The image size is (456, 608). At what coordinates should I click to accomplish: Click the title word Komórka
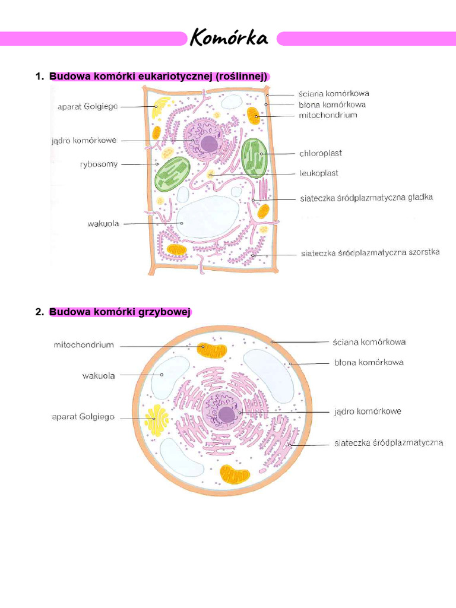pyautogui.click(x=229, y=39)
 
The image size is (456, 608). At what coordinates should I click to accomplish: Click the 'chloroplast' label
pyautogui.click(x=321, y=153)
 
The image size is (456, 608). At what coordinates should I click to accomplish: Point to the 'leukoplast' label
pyautogui.click(x=318, y=173)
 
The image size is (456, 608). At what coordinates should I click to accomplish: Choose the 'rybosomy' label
pyautogui.click(x=99, y=164)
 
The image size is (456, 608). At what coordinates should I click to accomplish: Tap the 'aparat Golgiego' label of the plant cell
pyautogui.click(x=88, y=106)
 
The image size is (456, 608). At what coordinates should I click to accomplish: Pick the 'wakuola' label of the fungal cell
pyautogui.click(x=99, y=375)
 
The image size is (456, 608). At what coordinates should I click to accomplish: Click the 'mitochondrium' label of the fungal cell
pyautogui.click(x=84, y=344)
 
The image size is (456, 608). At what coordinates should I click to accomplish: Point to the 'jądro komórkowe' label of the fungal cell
pyautogui.click(x=368, y=411)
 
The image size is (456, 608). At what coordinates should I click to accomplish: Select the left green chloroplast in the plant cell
pyautogui.click(x=172, y=174)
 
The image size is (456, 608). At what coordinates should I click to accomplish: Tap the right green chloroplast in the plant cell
pyautogui.click(x=255, y=157)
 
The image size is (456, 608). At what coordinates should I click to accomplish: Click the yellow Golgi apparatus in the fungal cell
pyautogui.click(x=157, y=420)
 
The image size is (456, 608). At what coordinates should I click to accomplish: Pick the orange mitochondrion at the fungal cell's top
pyautogui.click(x=212, y=350)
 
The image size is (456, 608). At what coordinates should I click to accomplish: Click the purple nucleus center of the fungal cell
pyautogui.click(x=226, y=414)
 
